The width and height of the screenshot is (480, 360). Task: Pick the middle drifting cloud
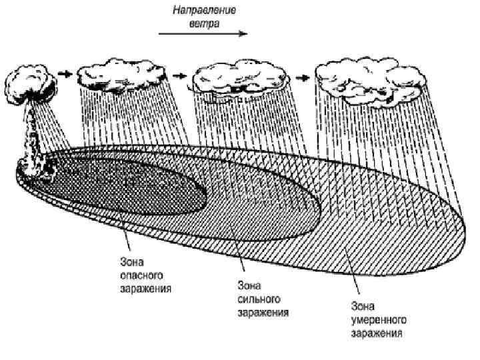(238, 79)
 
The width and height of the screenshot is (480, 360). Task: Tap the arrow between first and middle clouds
(178, 76)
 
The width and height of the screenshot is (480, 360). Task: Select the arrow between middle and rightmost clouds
(303, 77)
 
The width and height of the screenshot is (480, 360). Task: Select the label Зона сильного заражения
(263, 299)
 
